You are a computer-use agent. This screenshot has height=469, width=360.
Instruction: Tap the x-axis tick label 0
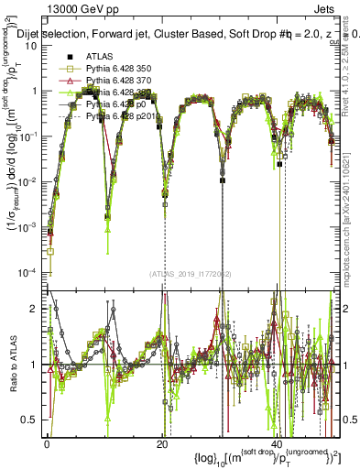point(49,442)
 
